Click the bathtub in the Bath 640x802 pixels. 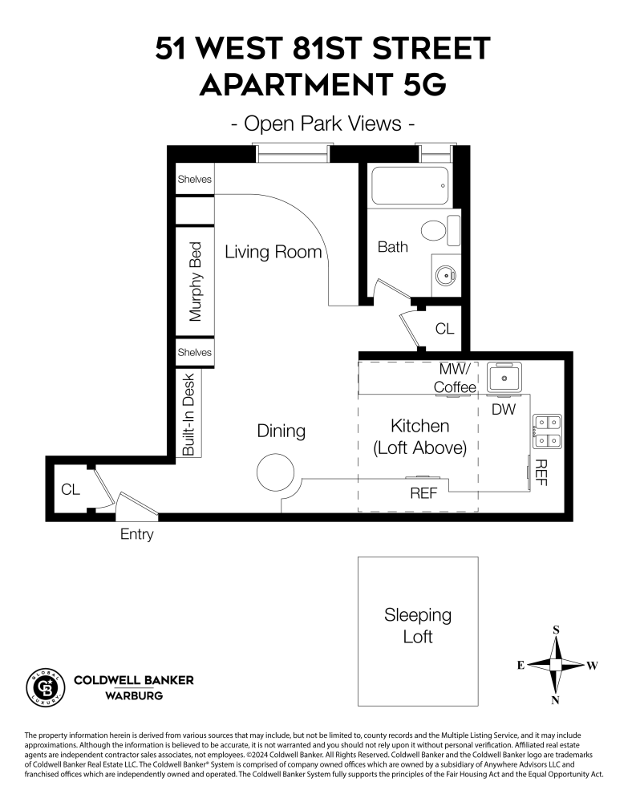pyautogui.click(x=409, y=186)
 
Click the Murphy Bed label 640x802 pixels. pyautogui.click(x=195, y=282)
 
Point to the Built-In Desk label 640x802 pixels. pyautogui.click(x=189, y=415)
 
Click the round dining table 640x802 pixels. pyautogui.click(x=276, y=473)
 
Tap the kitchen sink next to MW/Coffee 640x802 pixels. pyautogui.click(x=504, y=377)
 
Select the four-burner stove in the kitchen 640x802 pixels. pyautogui.click(x=548, y=430)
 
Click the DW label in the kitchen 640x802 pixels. pyautogui.click(x=502, y=409)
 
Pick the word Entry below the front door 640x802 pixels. pyautogui.click(x=136, y=534)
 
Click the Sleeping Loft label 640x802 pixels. pyautogui.click(x=418, y=626)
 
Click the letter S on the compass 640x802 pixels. pyautogui.click(x=556, y=630)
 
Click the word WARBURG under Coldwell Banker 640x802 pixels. pyautogui.click(x=134, y=695)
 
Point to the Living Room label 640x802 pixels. pyautogui.click(x=273, y=252)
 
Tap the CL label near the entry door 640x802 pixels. pyautogui.click(x=71, y=488)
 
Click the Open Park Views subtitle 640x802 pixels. pyautogui.click(x=321, y=124)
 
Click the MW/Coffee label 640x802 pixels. pyautogui.click(x=456, y=379)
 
